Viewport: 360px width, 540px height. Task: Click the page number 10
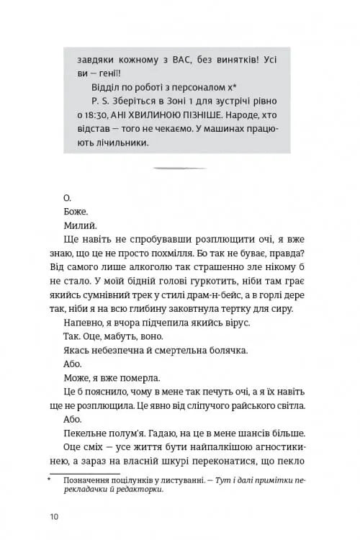pos(54,516)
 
